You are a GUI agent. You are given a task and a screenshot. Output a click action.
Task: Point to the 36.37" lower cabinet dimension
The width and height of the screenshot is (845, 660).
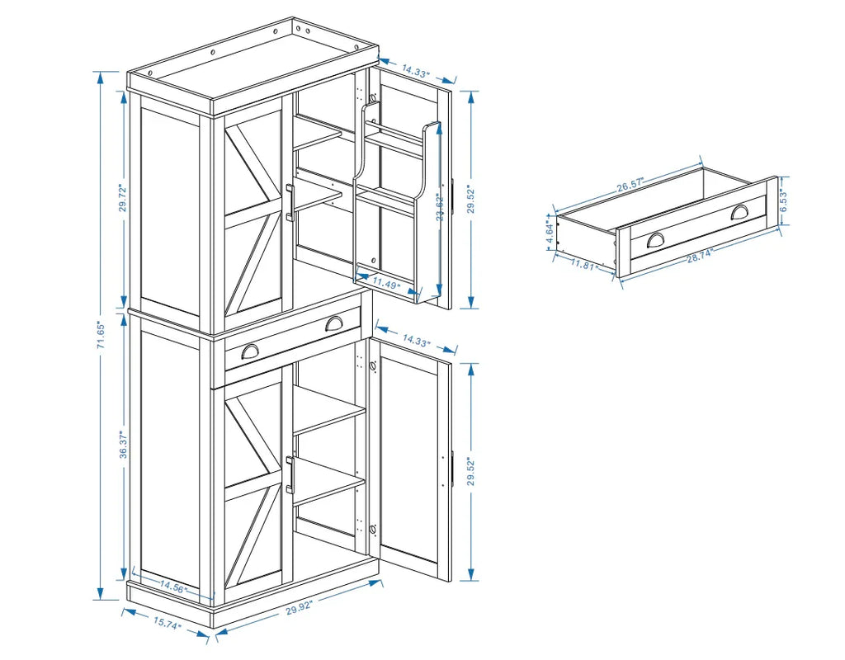tap(121, 445)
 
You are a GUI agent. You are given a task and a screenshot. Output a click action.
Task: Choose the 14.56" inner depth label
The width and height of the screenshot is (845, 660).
tap(172, 587)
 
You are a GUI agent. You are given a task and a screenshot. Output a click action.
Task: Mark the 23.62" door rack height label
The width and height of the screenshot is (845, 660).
tap(440, 206)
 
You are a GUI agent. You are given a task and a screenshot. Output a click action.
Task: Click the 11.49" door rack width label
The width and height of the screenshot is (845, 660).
tap(385, 284)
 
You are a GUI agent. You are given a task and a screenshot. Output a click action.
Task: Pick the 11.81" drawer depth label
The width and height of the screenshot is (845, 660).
tap(585, 265)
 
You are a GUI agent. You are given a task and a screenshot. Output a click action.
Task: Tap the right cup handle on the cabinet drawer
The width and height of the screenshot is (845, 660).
tap(334, 323)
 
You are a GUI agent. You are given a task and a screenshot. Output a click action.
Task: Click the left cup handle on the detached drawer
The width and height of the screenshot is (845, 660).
tap(655, 239)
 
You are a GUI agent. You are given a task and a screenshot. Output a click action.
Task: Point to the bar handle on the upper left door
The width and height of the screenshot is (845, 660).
tap(290, 203)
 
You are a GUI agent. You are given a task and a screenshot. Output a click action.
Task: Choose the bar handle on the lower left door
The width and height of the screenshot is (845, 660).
tap(290, 474)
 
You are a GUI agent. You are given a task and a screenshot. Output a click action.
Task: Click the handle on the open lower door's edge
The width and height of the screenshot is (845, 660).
tap(452, 469)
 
